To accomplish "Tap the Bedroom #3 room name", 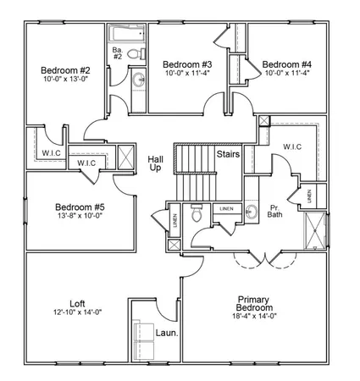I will [x=186, y=64].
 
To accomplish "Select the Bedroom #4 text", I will [x=286, y=64].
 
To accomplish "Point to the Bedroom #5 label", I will [x=80, y=207].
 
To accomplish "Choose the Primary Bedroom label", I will [x=253, y=305].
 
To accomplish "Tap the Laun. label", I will [x=166, y=333].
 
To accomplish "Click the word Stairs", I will [x=228, y=155].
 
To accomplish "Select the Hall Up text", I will [x=155, y=163].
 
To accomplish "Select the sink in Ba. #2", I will [x=137, y=81].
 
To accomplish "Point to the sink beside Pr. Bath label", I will [x=252, y=210].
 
